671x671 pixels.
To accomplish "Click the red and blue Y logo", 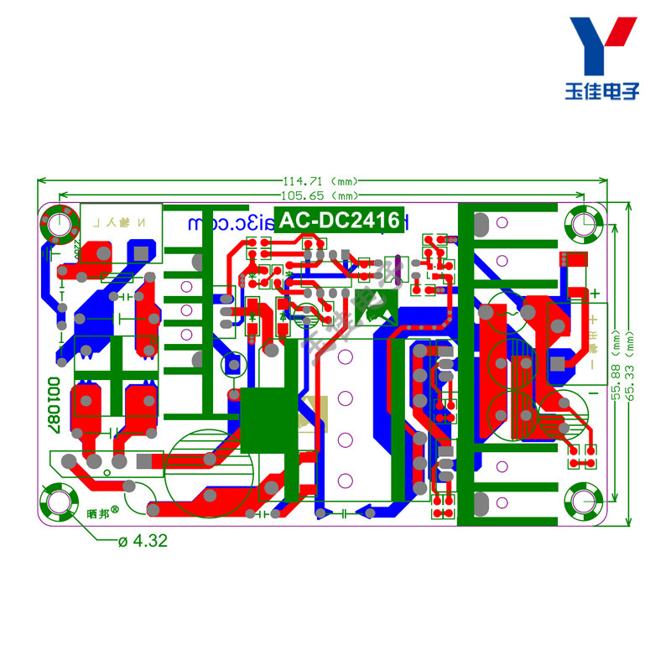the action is (x=602, y=46).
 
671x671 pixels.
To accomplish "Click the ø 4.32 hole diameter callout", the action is (x=143, y=541).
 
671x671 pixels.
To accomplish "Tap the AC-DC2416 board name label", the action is (x=339, y=221).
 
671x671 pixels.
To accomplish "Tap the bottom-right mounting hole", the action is (x=584, y=502).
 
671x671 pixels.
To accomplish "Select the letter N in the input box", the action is (x=141, y=223).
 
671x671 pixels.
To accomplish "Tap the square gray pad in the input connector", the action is (x=140, y=252).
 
